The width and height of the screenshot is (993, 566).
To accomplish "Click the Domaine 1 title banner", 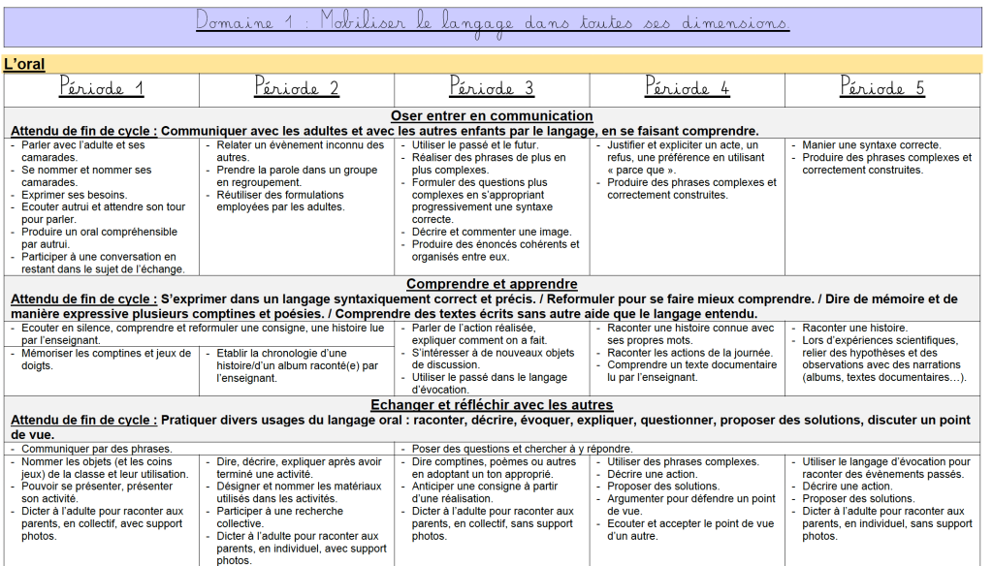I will (x=492, y=22).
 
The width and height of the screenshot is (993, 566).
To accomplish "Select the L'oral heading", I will (x=24, y=64).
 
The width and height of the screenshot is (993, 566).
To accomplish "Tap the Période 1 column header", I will (x=101, y=88).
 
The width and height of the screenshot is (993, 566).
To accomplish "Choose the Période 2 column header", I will (x=297, y=88).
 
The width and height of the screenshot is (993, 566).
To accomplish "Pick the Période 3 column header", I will (x=492, y=88).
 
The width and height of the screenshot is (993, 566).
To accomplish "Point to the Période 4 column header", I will (x=687, y=88).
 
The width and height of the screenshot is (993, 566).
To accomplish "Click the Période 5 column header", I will (x=882, y=88).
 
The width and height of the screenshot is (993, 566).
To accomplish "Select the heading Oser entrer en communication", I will (x=492, y=116).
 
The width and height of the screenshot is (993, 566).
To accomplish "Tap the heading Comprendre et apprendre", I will (x=492, y=284).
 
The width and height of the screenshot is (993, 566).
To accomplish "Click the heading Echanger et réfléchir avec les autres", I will (x=492, y=404).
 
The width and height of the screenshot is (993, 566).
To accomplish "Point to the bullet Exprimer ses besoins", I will (x=74, y=195).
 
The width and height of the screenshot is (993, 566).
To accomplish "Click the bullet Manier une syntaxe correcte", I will (x=871, y=145).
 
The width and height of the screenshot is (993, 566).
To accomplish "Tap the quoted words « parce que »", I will (x=640, y=170).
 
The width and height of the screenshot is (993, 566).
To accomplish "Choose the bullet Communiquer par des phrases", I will (x=97, y=449).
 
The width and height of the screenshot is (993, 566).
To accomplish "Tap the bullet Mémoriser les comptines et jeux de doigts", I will (x=106, y=360).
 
